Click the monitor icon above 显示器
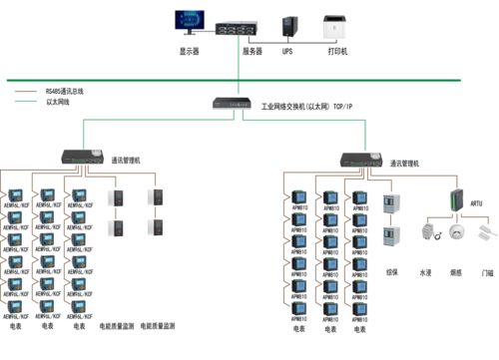pyautogui.click(x=189, y=21)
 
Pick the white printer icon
pyautogui.click(x=336, y=24)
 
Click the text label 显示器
pyautogui.click(x=189, y=49)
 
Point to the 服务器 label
pyautogui.click(x=252, y=49)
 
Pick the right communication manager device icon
pyautogui.click(x=360, y=158)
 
